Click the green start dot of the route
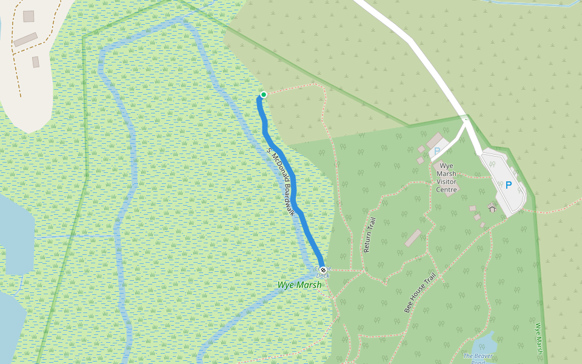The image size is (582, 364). point(264,95)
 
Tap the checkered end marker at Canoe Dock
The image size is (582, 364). point(323,269)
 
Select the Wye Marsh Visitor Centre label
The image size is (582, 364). point(447,177)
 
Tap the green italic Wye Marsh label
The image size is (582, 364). point(299,285)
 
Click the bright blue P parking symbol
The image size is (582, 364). point(509,186)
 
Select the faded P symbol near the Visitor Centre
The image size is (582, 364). point(437,150)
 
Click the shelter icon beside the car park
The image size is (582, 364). point(492,207)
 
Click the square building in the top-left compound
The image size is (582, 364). point(28,16)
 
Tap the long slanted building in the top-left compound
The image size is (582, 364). point(25,40)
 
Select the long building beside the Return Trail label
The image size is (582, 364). point(413,238)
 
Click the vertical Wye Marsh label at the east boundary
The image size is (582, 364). point(538,338)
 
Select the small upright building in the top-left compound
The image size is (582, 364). point(36,62)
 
